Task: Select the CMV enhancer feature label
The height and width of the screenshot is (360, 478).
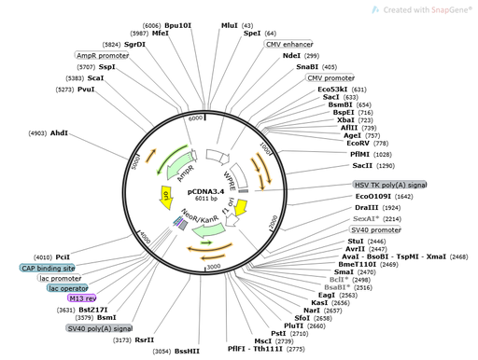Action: tap(289, 44)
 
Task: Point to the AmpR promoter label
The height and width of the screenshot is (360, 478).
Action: tap(100, 56)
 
